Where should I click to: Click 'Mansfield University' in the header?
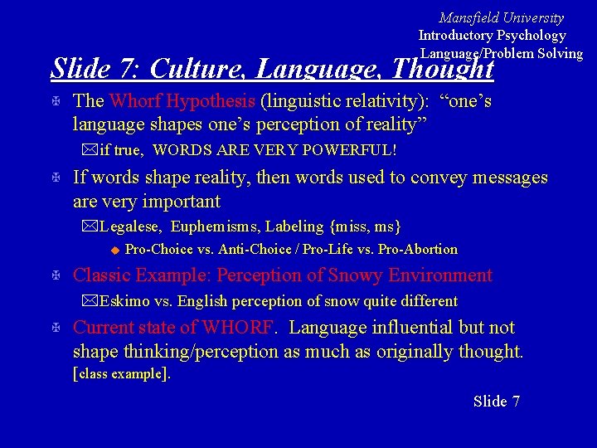[501, 17]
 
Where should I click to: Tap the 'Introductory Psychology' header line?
[492, 35]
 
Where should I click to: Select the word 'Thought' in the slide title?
[443, 68]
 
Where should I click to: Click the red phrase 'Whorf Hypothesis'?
[182, 101]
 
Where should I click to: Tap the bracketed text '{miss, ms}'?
[366, 226]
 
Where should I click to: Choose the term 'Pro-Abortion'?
[415, 250]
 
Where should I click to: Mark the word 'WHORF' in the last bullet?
[237, 328]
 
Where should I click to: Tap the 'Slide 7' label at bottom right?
[496, 402]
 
